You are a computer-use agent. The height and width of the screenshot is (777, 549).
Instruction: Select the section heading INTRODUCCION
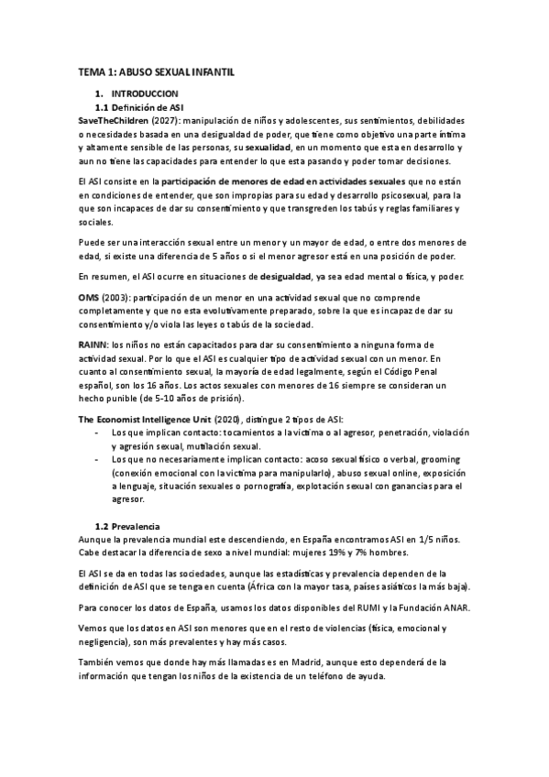pos(145,94)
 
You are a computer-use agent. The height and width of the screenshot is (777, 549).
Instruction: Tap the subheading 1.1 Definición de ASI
pos(134,107)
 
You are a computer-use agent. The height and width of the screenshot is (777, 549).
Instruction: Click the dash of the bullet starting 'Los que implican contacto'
pos(98,431)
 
